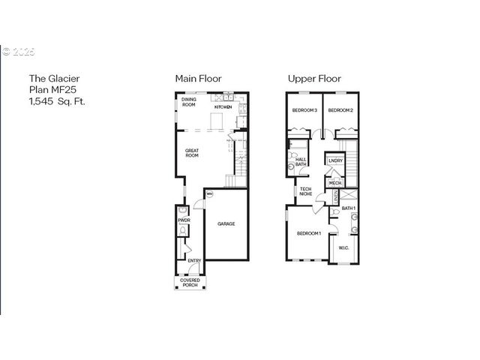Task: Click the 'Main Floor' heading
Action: coord(198,78)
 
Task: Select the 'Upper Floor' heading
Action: coord(315,78)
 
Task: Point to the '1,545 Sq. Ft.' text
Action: coord(57,100)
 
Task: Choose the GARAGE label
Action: coord(226,223)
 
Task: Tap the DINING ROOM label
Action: coord(188,103)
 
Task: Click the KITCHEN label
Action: coord(223,107)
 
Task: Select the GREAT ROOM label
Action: coord(192,153)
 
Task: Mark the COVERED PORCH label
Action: coord(190,283)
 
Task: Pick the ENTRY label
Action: coord(193,261)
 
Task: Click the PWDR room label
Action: coord(183,220)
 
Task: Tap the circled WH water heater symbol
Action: coord(209,194)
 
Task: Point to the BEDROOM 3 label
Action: coord(305,111)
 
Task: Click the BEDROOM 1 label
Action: coord(308,234)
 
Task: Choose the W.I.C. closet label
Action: coord(343,247)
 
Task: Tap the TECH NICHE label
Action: coord(306,191)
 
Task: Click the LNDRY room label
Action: coord(335,160)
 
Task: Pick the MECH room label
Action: coord(334,182)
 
